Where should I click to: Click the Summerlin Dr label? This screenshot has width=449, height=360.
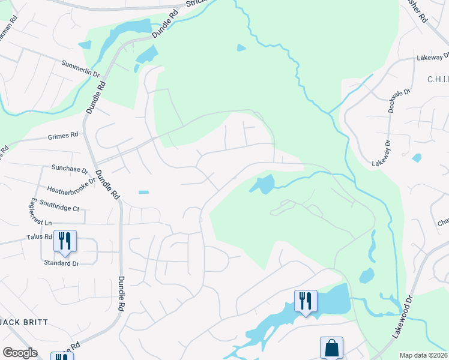coord(80,68)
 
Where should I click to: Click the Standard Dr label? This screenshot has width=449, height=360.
coord(61,263)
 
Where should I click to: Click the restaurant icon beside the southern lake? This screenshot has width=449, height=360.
coord(306,300)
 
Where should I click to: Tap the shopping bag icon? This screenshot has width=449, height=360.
coord(331,347)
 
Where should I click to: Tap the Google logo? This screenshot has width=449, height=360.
coord(20,353)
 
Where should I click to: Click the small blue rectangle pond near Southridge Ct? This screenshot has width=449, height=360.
coord(143,192)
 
